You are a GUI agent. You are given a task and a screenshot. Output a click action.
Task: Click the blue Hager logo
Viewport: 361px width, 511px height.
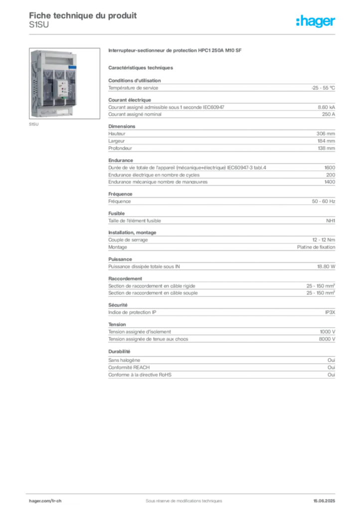click(x=316, y=21)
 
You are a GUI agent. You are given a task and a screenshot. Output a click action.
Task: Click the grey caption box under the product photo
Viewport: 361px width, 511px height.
click(x=34, y=125)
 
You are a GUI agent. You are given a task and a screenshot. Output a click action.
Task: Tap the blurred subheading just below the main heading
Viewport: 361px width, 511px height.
click(x=142, y=67)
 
